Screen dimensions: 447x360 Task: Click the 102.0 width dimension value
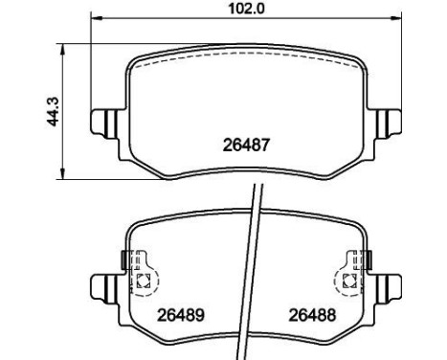[x=246, y=9]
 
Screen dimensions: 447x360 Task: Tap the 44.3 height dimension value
[x=53, y=111]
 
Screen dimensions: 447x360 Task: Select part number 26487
[x=246, y=146]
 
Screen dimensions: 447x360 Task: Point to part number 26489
[x=181, y=315]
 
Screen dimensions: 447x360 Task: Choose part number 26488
[x=312, y=315]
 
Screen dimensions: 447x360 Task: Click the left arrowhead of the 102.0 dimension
[x=97, y=19]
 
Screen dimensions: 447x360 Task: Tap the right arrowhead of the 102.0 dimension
[x=396, y=19]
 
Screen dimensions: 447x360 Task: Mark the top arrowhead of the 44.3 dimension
[x=63, y=49]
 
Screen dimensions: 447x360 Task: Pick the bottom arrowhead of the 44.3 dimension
[x=63, y=174]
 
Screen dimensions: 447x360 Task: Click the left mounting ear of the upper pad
[x=104, y=124]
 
